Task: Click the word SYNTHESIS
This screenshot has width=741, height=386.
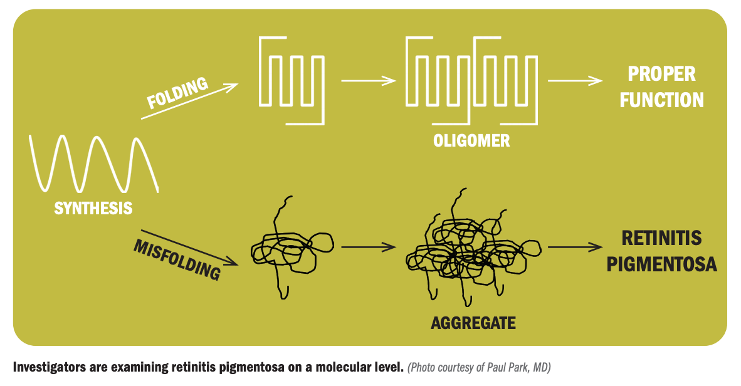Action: point(93,208)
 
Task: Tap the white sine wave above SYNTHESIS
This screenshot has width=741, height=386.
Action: point(93,163)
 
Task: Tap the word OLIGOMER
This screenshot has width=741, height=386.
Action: point(471,140)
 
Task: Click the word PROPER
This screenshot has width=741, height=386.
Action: point(661,73)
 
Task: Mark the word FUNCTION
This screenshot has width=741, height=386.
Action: point(661,100)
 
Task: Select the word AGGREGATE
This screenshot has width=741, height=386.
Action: point(473,323)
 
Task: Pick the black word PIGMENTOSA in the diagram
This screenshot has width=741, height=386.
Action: point(661,264)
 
